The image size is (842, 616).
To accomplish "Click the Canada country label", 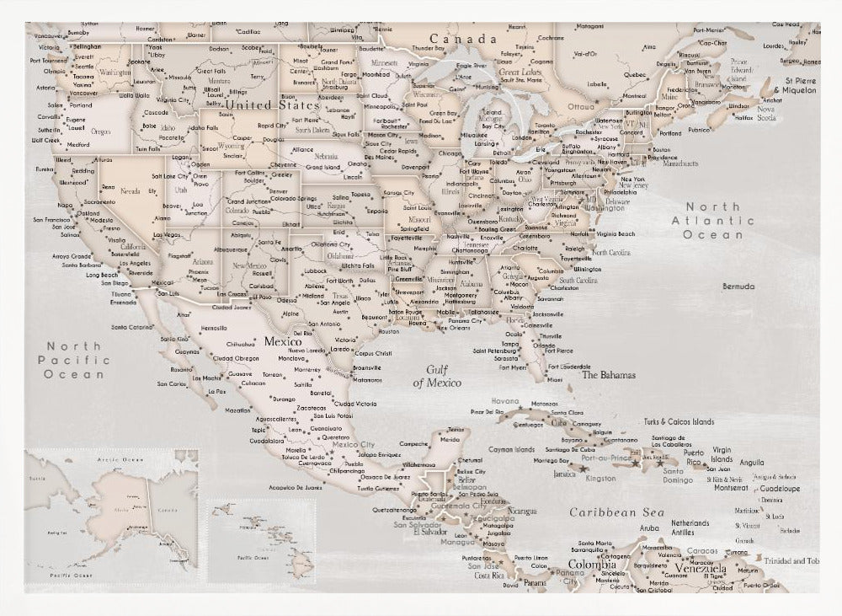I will coord(463,40).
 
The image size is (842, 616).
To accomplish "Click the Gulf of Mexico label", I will coord(443,376).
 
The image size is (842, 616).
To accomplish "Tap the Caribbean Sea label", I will coord(616,512).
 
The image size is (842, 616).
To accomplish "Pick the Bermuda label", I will coord(738,287).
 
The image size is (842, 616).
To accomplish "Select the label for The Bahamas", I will coord(609,375).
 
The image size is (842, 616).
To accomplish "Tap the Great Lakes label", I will coord(520,73).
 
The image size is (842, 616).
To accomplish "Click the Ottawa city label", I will coord(581,107).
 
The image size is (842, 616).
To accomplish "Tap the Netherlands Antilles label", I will coord(690,528).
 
